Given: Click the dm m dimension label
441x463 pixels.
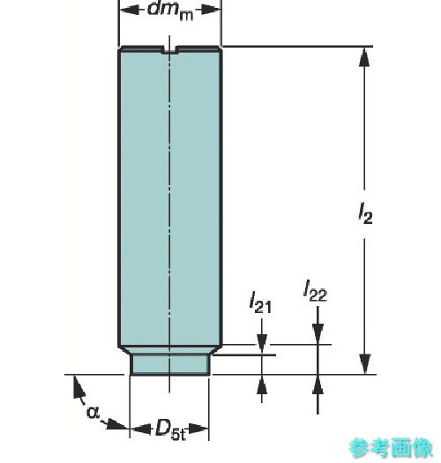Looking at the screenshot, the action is tap(170, 11).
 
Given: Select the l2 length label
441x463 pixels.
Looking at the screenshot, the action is tap(365, 213).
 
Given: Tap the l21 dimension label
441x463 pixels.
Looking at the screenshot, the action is tap(260, 302).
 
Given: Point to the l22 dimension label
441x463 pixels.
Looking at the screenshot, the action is tap(316, 291).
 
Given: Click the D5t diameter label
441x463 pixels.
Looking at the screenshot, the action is tap(170, 429).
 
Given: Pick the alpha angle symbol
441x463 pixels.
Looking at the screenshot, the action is tap(93, 411).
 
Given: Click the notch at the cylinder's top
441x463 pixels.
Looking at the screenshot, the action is tap(169, 50).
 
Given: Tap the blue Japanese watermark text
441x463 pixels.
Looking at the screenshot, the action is tap(391, 448).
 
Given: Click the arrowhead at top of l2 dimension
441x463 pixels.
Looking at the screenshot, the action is tap(364, 57).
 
